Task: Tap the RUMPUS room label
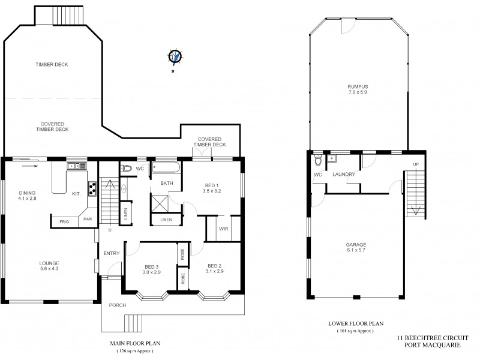(x=357, y=89)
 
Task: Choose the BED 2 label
(x=215, y=268)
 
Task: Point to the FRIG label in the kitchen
(x=64, y=221)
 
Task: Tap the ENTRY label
(x=111, y=253)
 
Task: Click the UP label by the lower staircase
(x=416, y=164)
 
